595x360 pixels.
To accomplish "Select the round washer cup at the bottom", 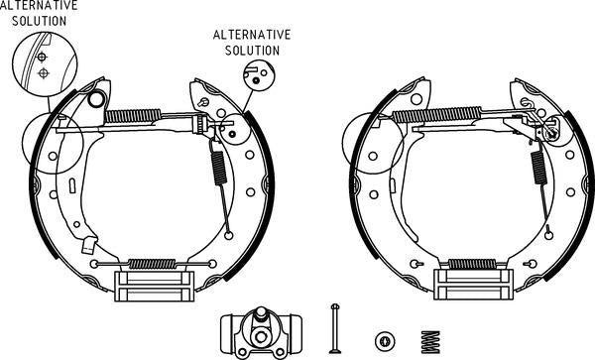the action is [x=382, y=339].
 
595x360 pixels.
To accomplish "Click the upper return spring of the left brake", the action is [x=132, y=116].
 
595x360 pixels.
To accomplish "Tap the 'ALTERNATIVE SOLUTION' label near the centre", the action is [x=252, y=42].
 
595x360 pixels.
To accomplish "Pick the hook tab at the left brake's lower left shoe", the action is [x=90, y=244].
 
